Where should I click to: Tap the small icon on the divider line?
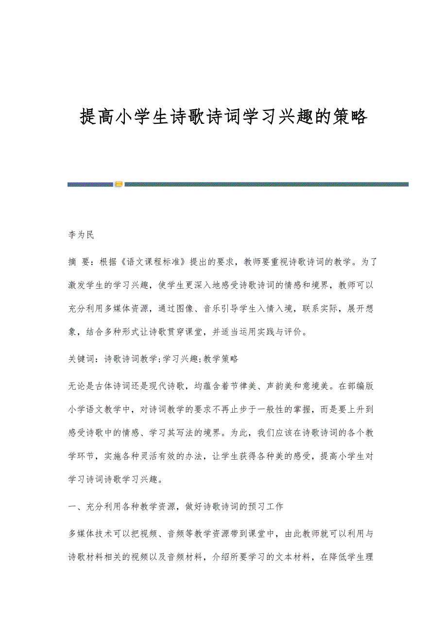(x=118, y=184)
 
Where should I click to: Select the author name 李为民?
(x=81, y=235)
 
